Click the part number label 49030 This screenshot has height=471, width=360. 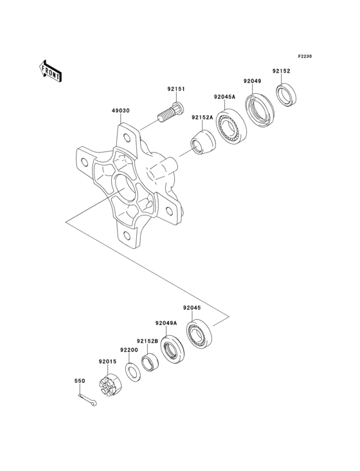121,111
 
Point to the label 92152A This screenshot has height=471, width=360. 201,118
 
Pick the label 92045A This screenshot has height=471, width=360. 224,97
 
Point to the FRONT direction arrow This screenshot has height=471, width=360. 51,70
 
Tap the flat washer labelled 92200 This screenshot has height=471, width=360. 133,371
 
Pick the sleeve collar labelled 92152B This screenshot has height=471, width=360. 150,362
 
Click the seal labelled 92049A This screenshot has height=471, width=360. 172,349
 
